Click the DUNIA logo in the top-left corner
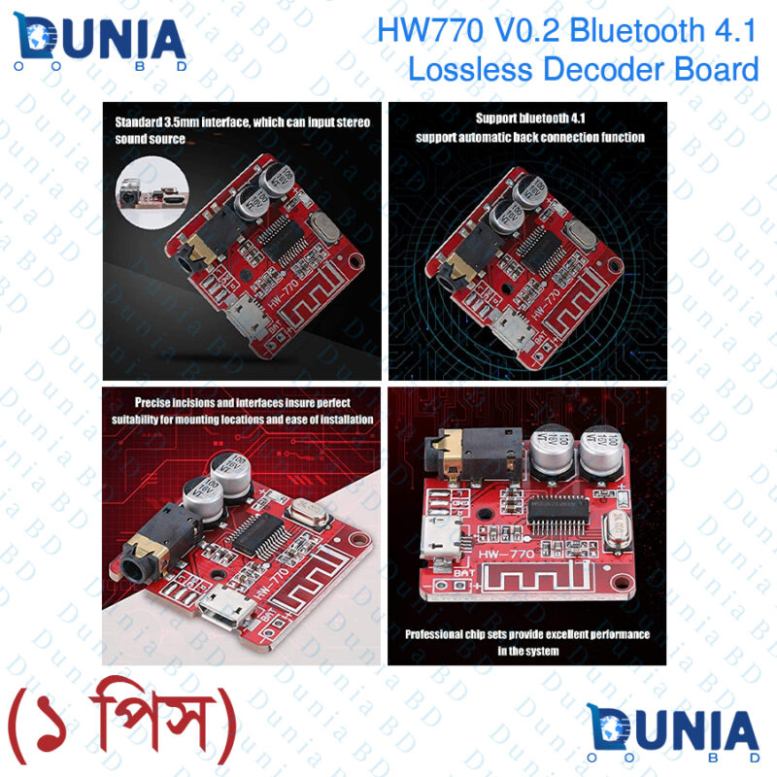[x=99, y=43]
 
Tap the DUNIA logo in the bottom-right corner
[x=672, y=733]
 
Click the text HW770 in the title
[x=428, y=31]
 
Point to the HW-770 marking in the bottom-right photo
[x=506, y=557]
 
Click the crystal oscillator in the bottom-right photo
[x=617, y=529]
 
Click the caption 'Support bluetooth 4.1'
[x=528, y=119]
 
